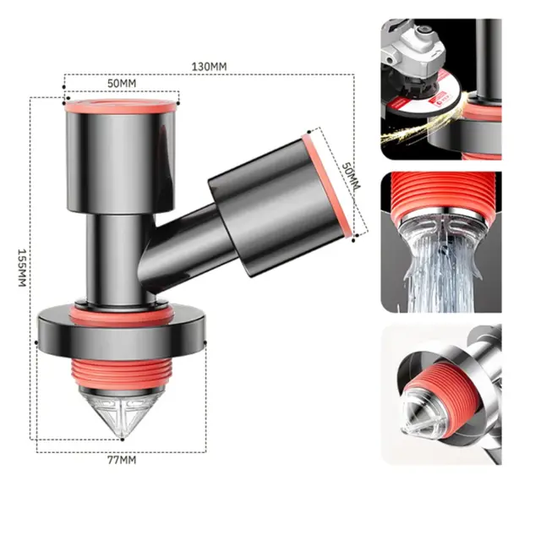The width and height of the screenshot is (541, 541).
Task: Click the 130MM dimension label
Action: (209, 66)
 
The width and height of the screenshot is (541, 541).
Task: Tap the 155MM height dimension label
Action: (22, 267)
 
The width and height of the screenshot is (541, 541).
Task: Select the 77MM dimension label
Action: (122, 460)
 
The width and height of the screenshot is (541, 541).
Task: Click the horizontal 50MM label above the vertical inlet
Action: (122, 83)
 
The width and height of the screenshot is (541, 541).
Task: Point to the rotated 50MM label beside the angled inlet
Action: (351, 177)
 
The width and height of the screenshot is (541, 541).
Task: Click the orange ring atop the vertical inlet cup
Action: (120, 106)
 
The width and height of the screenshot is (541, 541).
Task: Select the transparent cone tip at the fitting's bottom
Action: (122, 413)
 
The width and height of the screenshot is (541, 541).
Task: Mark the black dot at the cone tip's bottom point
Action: (122, 440)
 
